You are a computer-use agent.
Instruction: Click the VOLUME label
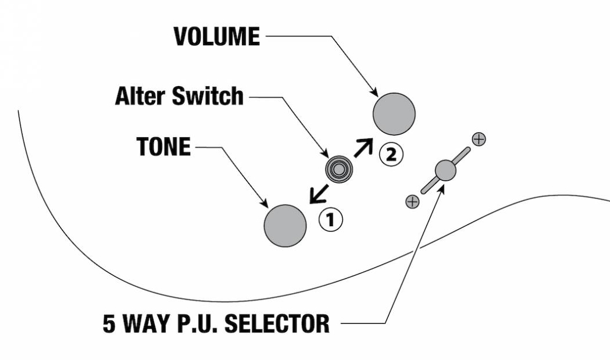[216, 36]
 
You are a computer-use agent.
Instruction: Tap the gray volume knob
[394, 113]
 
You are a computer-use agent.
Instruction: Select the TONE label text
[163, 147]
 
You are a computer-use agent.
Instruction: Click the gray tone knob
[285, 226]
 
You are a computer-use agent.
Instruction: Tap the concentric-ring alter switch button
[338, 169]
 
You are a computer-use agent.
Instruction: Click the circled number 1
[331, 220]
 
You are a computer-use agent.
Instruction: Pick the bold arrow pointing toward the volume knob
[363, 147]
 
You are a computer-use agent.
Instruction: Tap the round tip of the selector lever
[445, 170]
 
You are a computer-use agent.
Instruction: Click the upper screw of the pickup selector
[479, 139]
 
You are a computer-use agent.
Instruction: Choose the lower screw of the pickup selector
[412, 202]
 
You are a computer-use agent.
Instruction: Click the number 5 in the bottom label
[109, 323]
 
